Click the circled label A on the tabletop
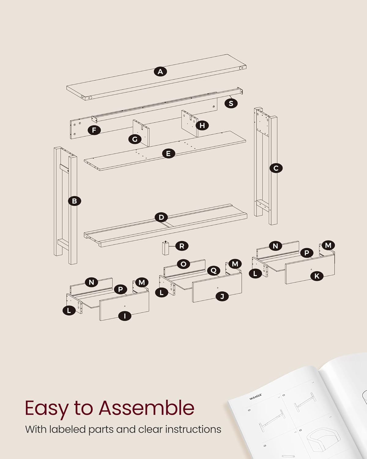point(160,72)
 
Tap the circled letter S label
point(231,103)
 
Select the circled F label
point(94,130)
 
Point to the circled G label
point(135,139)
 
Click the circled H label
point(202,125)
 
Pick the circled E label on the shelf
point(168,153)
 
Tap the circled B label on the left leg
point(74,201)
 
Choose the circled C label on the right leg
point(276,168)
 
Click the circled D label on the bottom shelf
point(161,217)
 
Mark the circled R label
point(182,246)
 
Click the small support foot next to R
point(165,248)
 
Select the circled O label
point(183,264)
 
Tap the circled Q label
point(213,271)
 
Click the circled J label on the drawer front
point(222,296)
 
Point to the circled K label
point(317,276)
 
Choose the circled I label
point(125,316)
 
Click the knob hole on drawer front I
point(125,306)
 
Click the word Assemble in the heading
point(146,408)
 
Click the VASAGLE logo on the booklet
point(255,397)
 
